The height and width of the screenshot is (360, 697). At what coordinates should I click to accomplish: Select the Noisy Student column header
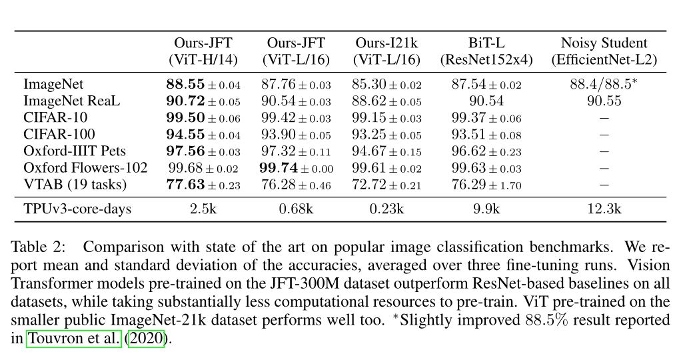point(604,43)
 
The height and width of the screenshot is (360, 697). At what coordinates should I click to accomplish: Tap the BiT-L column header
point(486,43)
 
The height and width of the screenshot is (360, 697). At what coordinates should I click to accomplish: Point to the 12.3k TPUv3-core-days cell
point(604,209)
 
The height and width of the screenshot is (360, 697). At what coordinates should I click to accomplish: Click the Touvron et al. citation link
point(74,338)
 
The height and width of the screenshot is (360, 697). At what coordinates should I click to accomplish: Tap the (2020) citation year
point(145,338)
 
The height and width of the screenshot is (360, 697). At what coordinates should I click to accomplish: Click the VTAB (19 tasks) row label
point(74,185)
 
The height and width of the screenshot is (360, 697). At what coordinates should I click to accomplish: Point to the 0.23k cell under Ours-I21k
point(387,209)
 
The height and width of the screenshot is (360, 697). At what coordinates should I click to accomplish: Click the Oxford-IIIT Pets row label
point(75,151)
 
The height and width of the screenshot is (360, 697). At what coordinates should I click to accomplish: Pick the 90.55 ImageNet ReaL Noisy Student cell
point(604,101)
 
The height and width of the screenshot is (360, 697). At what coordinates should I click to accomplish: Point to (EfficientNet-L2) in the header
point(604,59)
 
